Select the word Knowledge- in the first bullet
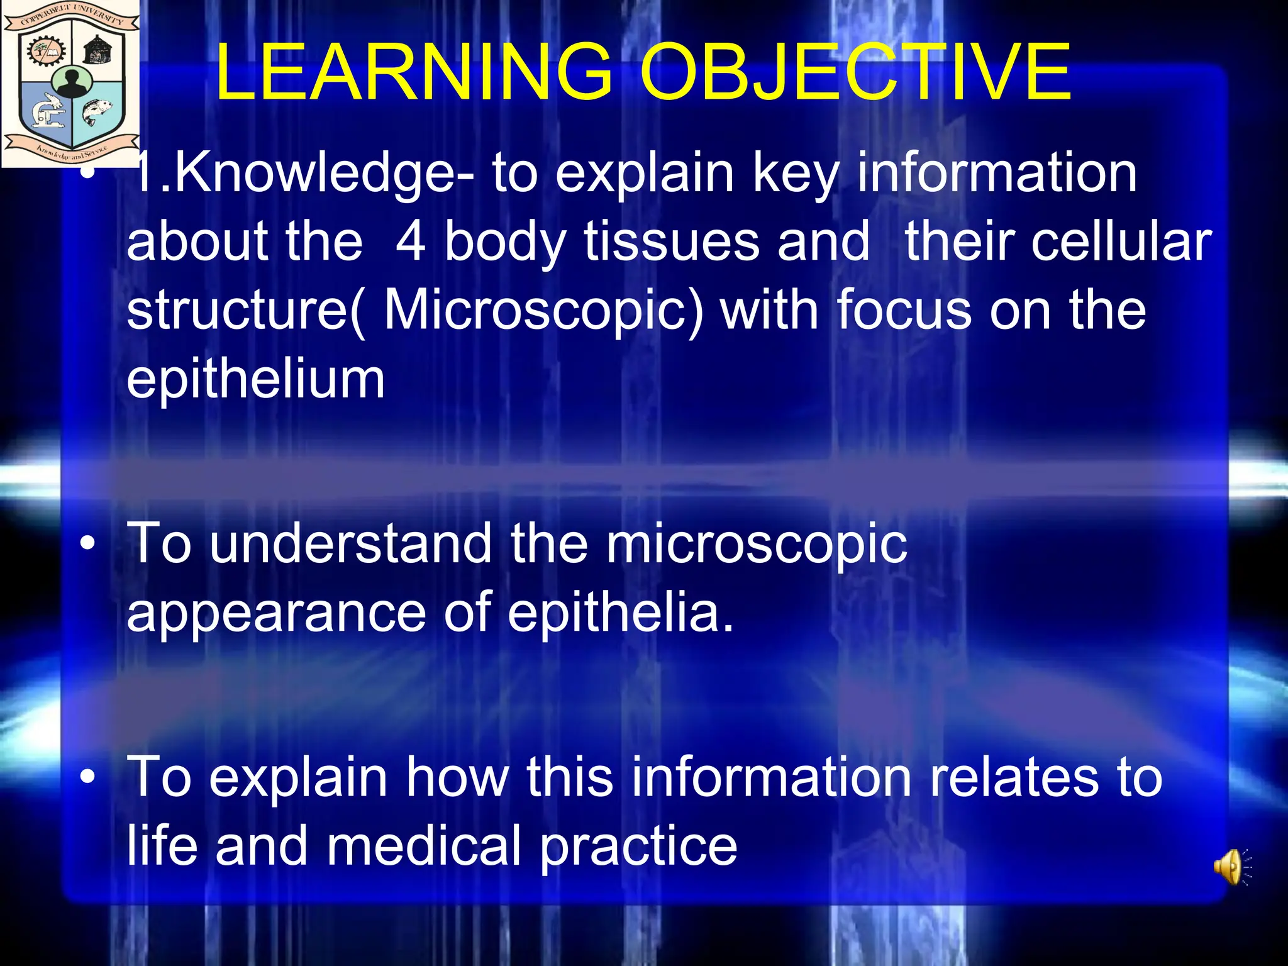click(x=302, y=175)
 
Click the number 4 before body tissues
click(x=411, y=242)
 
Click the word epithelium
click(x=255, y=379)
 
